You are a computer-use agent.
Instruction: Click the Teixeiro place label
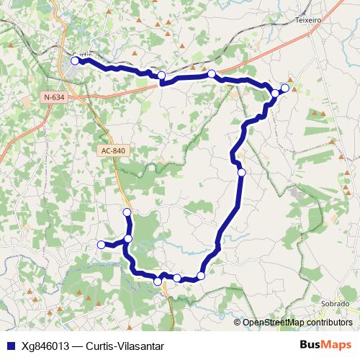tap(307, 21)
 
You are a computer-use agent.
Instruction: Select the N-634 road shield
tap(53, 96)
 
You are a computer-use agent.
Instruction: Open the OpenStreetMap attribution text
tap(297, 322)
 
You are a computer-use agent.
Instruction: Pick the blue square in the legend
tap(10, 345)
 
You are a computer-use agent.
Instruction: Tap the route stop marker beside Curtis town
tap(75, 61)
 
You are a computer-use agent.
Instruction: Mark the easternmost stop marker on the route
tap(285, 88)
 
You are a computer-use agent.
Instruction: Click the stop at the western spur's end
tap(102, 245)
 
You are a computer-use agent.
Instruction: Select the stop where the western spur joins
tap(128, 238)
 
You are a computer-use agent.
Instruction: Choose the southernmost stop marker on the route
tap(158, 282)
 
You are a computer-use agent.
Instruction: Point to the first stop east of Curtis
tap(162, 75)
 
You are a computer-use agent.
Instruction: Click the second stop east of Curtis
tap(211, 74)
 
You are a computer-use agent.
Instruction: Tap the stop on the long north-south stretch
tap(241, 172)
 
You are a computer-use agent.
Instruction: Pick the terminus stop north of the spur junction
tap(127, 212)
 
